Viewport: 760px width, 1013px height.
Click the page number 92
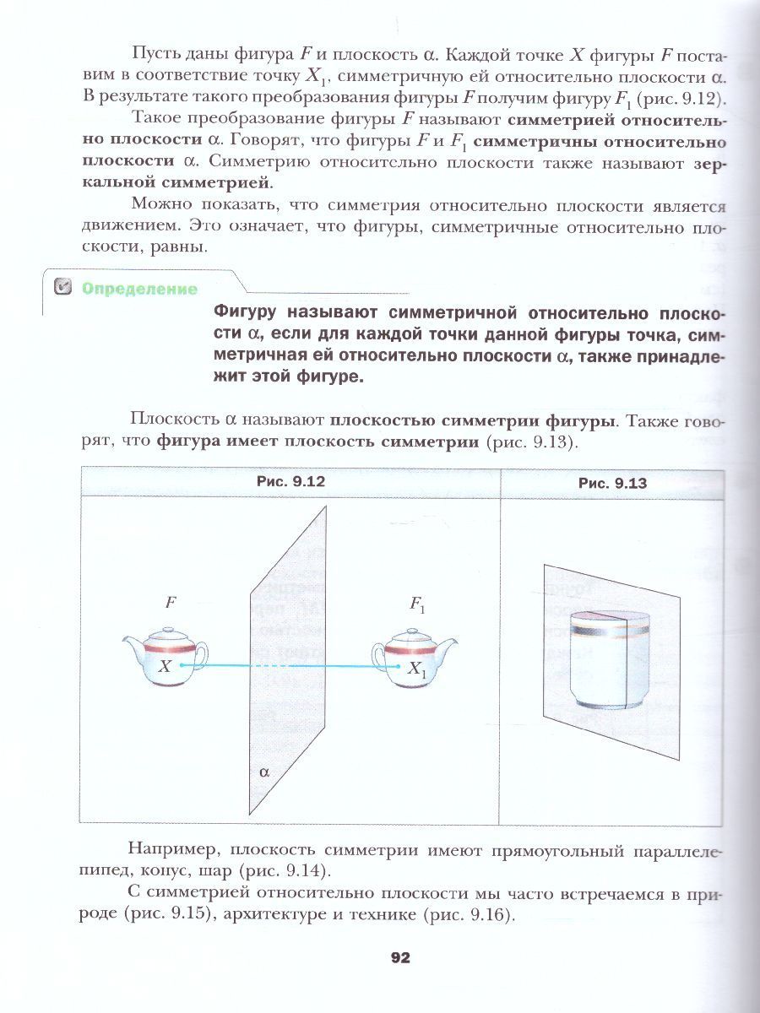coord(399,957)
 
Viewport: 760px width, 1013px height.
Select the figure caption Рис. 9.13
coord(612,483)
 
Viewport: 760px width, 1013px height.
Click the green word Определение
coord(139,290)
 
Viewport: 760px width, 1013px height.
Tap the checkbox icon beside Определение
coord(62,289)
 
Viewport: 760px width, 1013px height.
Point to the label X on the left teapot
coord(166,666)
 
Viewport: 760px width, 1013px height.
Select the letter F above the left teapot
coord(171,603)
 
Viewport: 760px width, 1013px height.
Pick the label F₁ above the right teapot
coord(417,604)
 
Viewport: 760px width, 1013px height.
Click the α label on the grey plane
coord(263,771)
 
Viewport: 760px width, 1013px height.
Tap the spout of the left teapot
coord(131,646)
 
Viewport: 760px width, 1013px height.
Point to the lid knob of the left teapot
coord(166,630)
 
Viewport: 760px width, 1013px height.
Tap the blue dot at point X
coord(182,665)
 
